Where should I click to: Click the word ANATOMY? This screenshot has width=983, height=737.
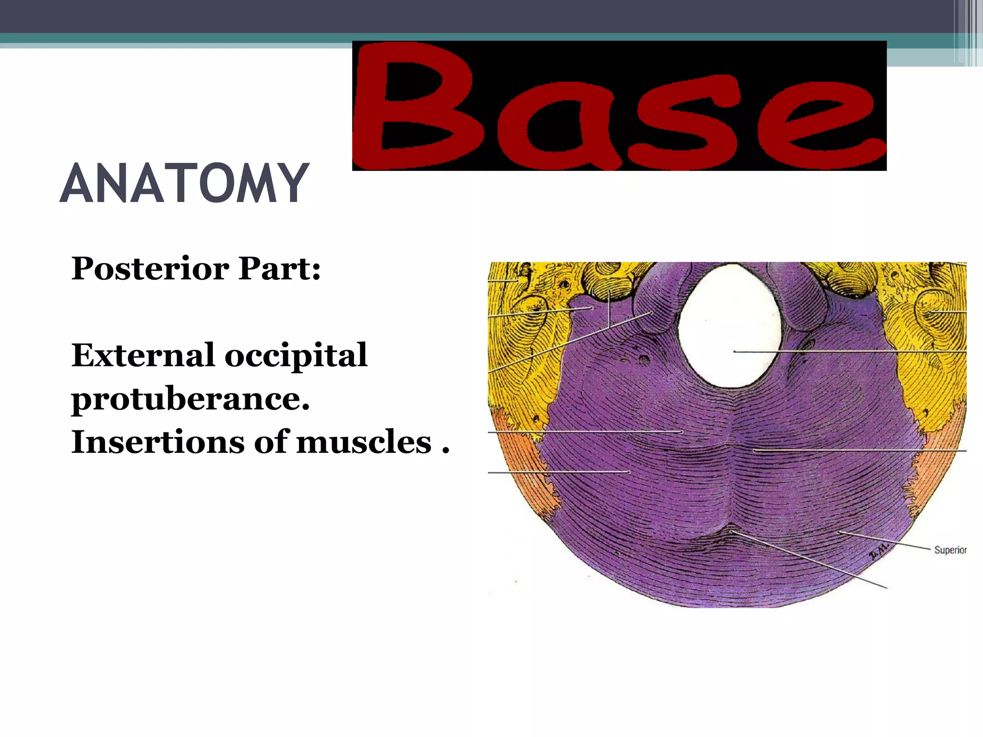pyautogui.click(x=184, y=183)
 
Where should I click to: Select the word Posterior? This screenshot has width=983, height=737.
pyautogui.click(x=150, y=269)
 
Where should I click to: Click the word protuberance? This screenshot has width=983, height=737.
pyautogui.click(x=190, y=399)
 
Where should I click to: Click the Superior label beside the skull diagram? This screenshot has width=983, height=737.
pyautogui.click(x=950, y=550)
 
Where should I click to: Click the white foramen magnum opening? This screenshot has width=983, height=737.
pyautogui.click(x=730, y=326)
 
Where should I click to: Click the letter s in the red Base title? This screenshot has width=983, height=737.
pyautogui.click(x=684, y=125)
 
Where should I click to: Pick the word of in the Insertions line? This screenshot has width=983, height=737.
pyautogui.click(x=268, y=442)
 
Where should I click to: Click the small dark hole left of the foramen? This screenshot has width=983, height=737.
pyautogui.click(x=645, y=359)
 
